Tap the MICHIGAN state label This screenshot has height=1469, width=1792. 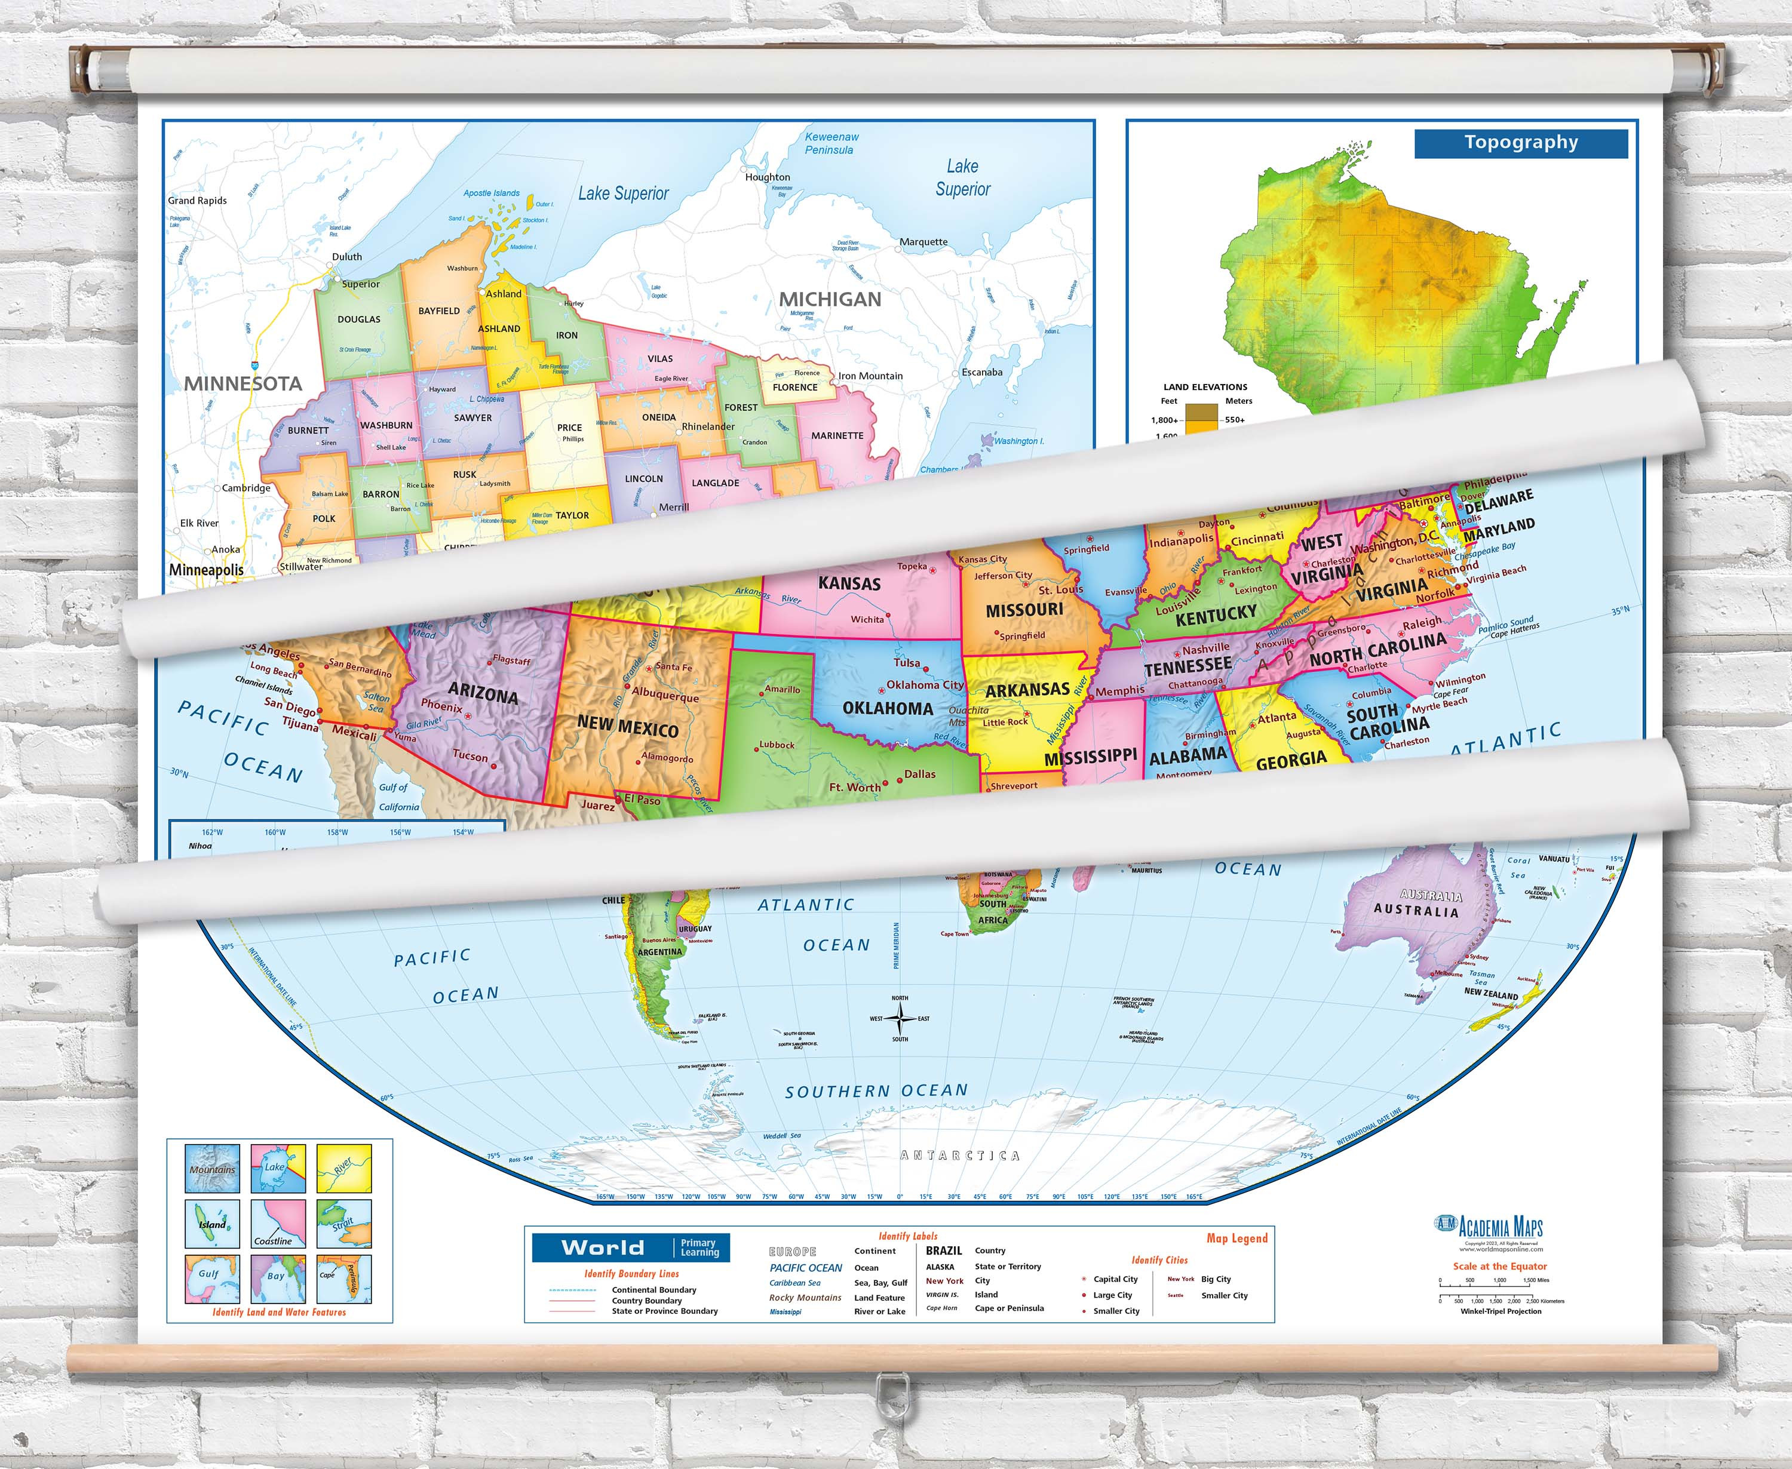click(x=830, y=300)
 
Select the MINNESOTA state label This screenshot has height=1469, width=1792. click(x=243, y=384)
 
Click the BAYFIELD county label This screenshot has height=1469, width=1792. click(x=438, y=311)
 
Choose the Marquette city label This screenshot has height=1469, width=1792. click(x=923, y=242)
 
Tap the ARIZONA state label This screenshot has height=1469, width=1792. click(x=483, y=694)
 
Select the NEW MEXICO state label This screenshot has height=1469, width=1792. click(x=627, y=727)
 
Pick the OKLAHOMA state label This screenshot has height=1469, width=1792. click(x=887, y=709)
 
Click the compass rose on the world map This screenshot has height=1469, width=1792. click(x=900, y=1019)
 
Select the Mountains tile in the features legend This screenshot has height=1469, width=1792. click(x=213, y=1169)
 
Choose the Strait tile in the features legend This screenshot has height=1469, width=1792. click(x=343, y=1224)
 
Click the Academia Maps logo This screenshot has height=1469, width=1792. click(x=1490, y=1228)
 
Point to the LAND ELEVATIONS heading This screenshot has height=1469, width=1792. click(x=1205, y=388)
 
